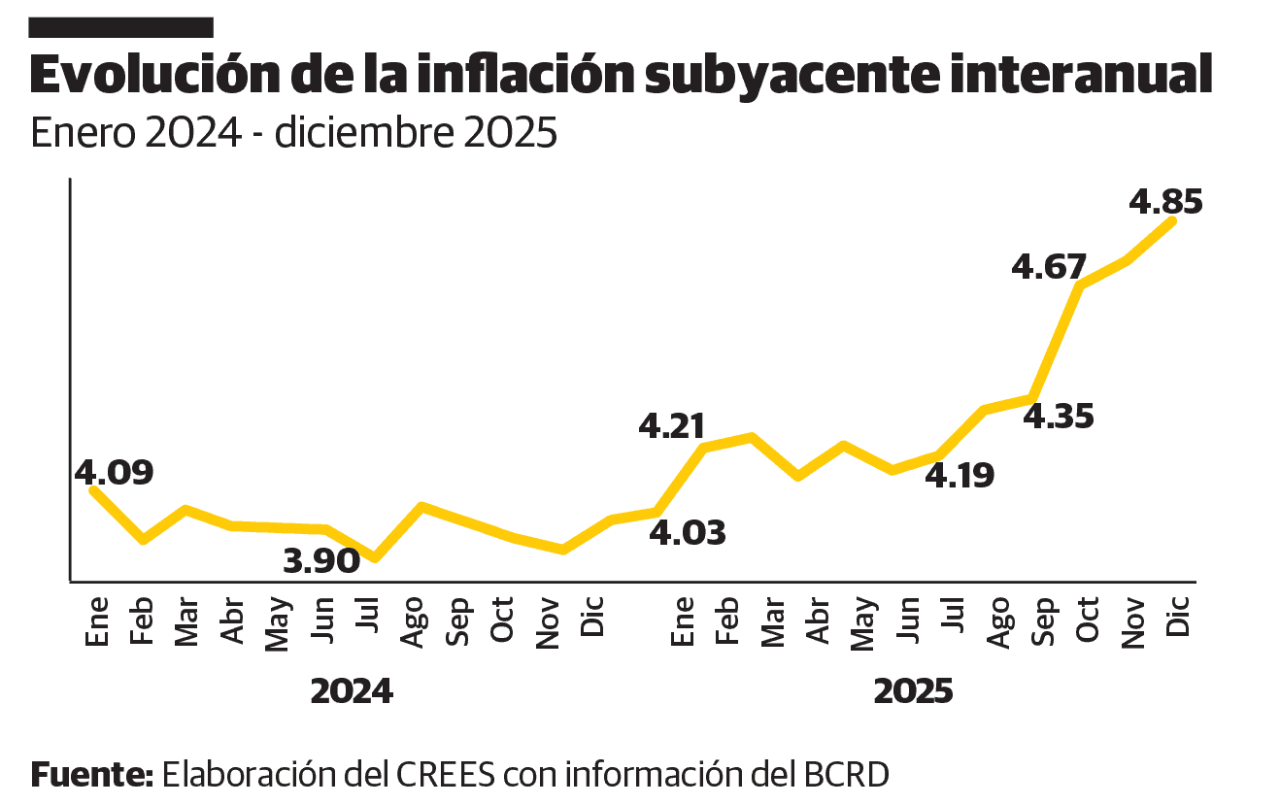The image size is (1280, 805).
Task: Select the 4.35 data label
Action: (1059, 417)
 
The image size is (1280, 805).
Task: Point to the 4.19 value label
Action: (959, 476)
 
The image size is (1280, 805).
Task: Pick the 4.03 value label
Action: (687, 533)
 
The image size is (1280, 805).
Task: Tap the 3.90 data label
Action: (321, 560)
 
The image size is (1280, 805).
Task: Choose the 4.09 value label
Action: (115, 473)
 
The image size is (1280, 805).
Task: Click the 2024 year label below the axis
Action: (352, 691)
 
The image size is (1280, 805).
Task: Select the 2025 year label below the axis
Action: (913, 691)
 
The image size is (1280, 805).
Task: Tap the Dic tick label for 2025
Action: (1178, 617)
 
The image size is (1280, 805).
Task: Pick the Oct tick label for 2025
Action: (1087, 618)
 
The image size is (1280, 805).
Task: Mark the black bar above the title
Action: (121, 27)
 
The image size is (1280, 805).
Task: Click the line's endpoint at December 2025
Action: (1173, 221)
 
